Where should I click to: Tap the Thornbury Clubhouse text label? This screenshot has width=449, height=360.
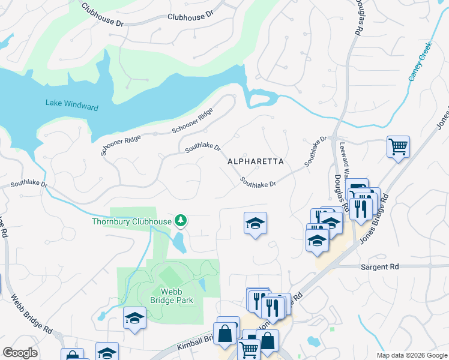click(x=131, y=221)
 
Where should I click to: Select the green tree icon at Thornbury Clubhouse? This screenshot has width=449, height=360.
click(x=180, y=221)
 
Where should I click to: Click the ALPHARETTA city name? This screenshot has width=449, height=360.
click(x=255, y=162)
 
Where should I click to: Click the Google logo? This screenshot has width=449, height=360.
click(x=20, y=353)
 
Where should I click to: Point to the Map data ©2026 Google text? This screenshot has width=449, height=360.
click(x=411, y=355)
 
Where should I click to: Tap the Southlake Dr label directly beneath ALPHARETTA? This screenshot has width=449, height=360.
click(x=258, y=181)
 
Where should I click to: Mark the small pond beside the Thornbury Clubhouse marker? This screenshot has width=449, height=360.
click(x=178, y=242)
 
